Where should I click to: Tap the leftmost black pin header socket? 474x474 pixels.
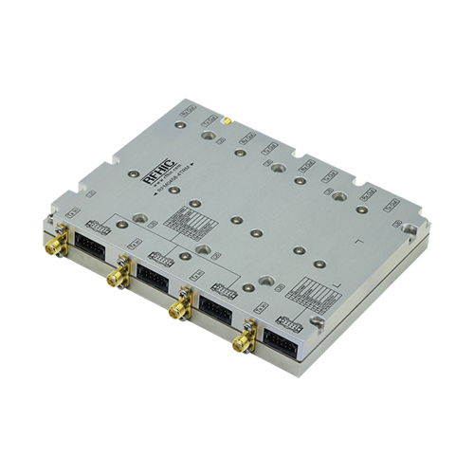pyautogui.click(x=93, y=231)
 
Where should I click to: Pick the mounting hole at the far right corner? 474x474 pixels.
pyautogui.click(x=409, y=228)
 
